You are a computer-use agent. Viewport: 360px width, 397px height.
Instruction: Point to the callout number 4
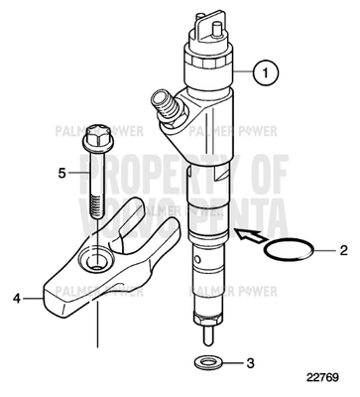click(x=17, y=296)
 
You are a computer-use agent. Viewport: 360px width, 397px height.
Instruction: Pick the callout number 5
click(x=60, y=173)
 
